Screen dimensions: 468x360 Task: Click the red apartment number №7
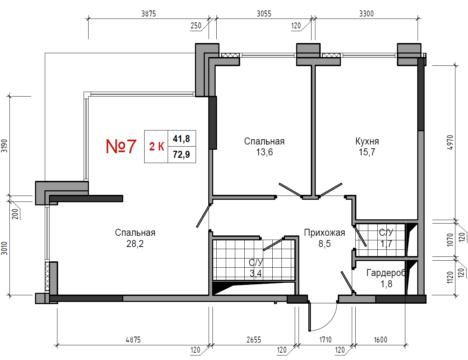coord(121,147)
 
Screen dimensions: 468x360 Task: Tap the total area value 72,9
coord(181,155)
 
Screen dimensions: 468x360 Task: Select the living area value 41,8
coord(181,139)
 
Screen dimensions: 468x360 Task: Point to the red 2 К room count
coord(156,147)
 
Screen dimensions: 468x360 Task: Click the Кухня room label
coord(367,141)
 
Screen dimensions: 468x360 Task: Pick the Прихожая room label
coord(324,233)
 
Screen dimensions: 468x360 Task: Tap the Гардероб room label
coord(386,273)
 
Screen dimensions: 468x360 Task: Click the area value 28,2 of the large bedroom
coord(135,244)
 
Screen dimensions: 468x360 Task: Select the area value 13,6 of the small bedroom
coord(265,152)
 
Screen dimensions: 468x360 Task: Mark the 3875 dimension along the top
coord(148,14)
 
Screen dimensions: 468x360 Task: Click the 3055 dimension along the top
coord(264,14)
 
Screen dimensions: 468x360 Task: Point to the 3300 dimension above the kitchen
coord(366,14)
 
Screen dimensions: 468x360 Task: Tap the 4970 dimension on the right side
coord(450,142)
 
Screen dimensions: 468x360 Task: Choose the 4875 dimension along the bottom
coord(133,340)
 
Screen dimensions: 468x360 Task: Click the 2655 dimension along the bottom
coord(254,340)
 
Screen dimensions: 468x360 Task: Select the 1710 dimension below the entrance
coord(325,340)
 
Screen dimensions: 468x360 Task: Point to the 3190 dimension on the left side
coord(4,146)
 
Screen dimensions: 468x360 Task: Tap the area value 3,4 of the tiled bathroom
coord(256,274)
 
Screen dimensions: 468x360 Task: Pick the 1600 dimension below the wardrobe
coord(380,340)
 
